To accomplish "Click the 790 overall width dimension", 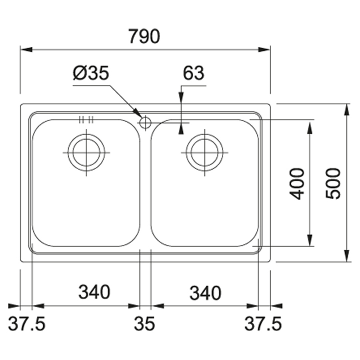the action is [144, 36].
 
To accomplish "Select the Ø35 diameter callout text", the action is [91, 73].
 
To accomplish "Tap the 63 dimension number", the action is [193, 73].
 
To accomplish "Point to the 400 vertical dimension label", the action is [297, 184].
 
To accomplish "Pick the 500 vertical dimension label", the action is [333, 184].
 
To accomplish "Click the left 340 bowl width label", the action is [94, 292].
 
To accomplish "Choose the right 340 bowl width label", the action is [205, 293].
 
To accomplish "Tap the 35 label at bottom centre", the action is [145, 324].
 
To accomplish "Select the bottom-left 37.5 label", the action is [27, 324].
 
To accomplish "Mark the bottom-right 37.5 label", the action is [263, 324].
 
